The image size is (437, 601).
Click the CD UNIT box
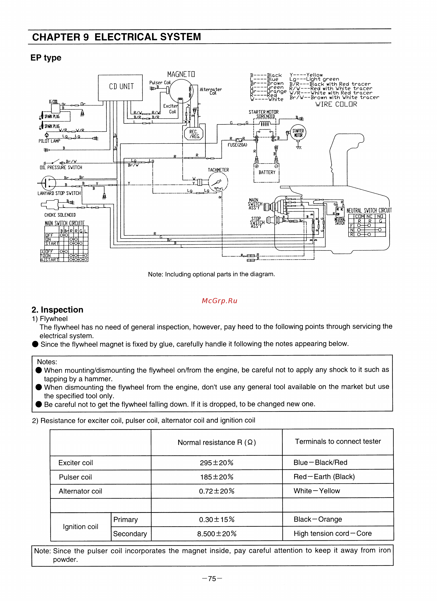tap(120, 87)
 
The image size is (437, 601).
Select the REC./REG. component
tap(194, 134)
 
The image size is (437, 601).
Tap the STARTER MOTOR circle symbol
tap(298, 133)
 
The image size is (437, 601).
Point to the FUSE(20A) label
tap(237, 145)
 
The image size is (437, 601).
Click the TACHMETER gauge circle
tap(218, 182)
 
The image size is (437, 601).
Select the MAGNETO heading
tap(181, 74)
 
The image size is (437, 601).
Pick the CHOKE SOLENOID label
tap(60, 215)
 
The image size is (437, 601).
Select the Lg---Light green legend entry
tap(314, 79)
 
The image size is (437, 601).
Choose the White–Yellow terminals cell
tap(317, 491)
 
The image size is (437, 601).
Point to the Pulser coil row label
tap(75, 477)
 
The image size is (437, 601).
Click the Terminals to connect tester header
tap(338, 441)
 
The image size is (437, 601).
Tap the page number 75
tap(212, 579)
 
